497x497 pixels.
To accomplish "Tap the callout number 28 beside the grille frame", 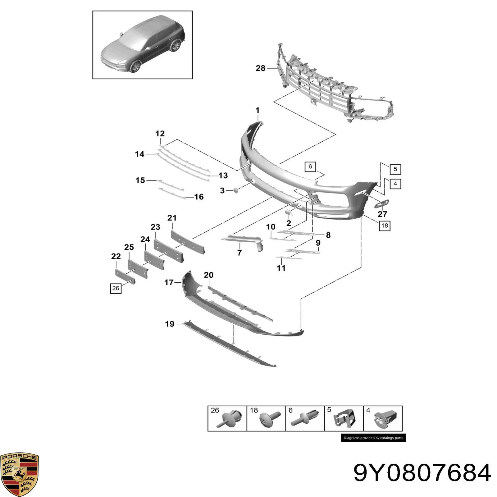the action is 261,68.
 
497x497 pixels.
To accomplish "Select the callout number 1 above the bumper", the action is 257,110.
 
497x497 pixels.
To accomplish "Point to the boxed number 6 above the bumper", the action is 310,167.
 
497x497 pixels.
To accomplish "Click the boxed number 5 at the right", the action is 395,169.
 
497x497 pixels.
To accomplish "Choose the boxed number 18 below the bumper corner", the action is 385,226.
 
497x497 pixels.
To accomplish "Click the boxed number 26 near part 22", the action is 116,288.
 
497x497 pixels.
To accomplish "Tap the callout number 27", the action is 382,214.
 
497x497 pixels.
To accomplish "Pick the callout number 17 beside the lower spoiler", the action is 169,282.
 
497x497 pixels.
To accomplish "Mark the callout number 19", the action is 170,324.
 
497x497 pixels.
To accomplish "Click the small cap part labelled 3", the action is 235,190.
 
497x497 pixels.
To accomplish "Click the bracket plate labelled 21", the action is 188,242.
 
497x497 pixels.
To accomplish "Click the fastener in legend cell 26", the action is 230,419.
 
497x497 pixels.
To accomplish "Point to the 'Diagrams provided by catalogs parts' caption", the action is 373,438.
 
